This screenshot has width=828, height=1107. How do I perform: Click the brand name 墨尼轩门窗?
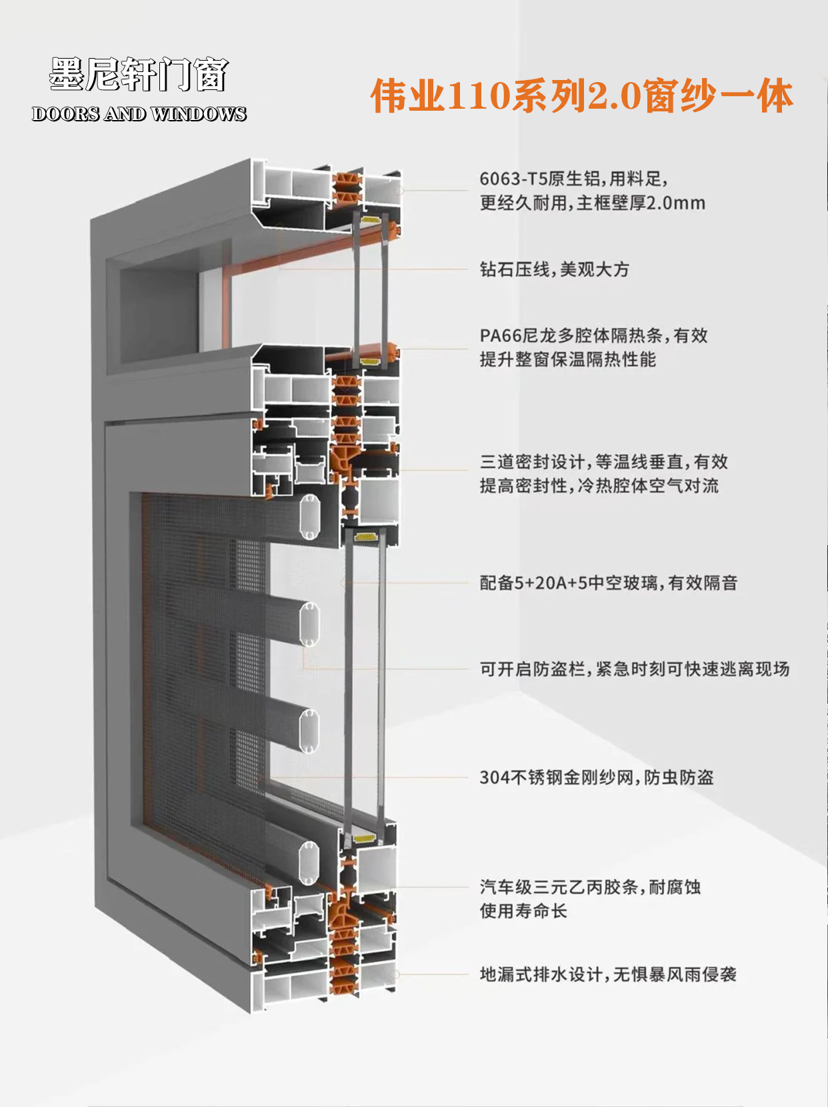pyautogui.click(x=139, y=74)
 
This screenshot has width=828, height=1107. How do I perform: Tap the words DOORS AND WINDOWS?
pyautogui.click(x=139, y=114)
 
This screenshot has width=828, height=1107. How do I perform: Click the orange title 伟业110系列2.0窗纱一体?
pyautogui.click(x=582, y=96)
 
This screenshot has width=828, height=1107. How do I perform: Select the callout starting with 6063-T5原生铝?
pyautogui.click(x=592, y=191)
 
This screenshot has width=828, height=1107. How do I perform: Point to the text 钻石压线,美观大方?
pyautogui.click(x=555, y=269)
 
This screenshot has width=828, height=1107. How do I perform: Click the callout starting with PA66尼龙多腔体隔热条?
pyautogui.click(x=593, y=347)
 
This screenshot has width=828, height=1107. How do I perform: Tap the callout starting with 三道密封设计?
pyautogui.click(x=604, y=473)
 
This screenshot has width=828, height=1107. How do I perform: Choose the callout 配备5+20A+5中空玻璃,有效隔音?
pyautogui.click(x=608, y=583)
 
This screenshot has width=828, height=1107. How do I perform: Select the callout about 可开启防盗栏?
pyautogui.click(x=635, y=670)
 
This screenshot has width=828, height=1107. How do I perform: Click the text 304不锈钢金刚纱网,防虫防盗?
pyautogui.click(x=597, y=777)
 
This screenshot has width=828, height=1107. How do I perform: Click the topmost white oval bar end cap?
pyautogui.click(x=309, y=517)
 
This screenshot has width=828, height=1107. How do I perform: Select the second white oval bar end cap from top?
pyautogui.click(x=309, y=624)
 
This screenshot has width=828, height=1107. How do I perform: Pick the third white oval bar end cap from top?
pyautogui.click(x=309, y=731)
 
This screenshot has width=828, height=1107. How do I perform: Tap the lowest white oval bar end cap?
pyautogui.click(x=309, y=864)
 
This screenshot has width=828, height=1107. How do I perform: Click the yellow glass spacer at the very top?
pyautogui.click(x=371, y=220)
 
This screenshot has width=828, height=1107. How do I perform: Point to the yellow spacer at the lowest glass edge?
pyautogui.click(x=365, y=839)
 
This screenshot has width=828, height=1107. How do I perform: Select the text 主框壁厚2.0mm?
pyautogui.click(x=641, y=203)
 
